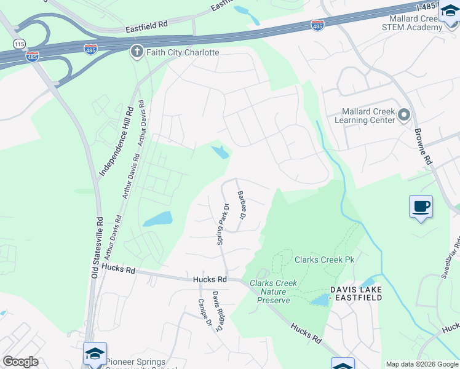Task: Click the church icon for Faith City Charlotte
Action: [x=137, y=52]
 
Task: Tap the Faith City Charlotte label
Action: [x=182, y=52]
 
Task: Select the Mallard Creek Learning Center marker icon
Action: [x=404, y=115]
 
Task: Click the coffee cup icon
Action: [x=421, y=207]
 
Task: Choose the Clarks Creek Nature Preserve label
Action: [x=274, y=292]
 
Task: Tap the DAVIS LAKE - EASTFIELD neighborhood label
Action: [x=356, y=293]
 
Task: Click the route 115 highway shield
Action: [x=20, y=44]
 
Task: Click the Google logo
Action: [x=20, y=362]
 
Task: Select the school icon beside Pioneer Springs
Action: [x=95, y=354]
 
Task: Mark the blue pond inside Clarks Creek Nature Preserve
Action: [x=319, y=300]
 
